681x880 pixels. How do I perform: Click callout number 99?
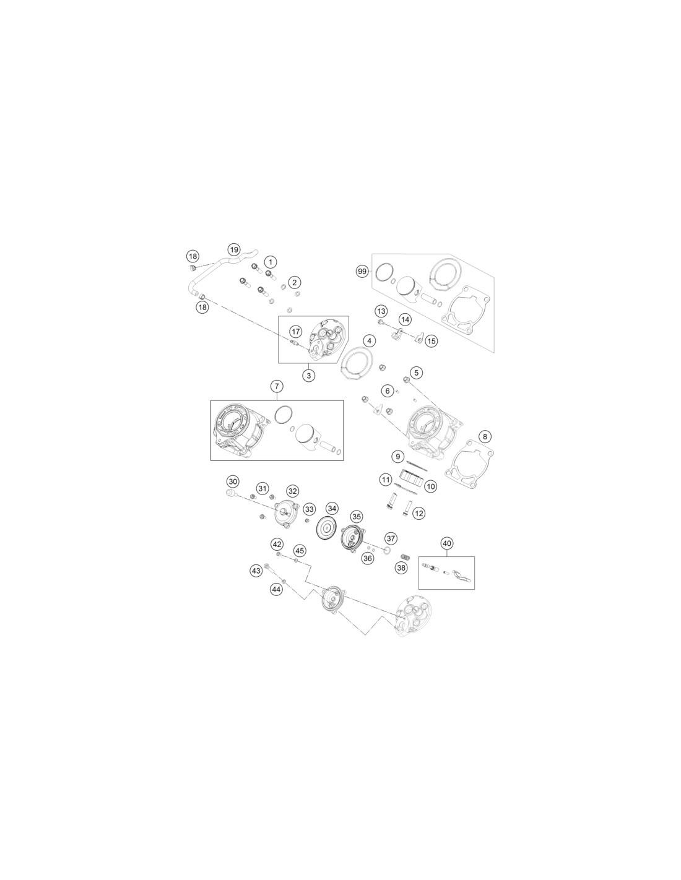coord(362,271)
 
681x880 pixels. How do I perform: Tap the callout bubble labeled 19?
coord(234,249)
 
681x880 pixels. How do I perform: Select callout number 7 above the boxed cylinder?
coord(277,386)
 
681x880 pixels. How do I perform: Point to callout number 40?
coord(447,543)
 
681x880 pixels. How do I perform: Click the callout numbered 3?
coord(309,376)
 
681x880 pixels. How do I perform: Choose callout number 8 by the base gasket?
coord(485,436)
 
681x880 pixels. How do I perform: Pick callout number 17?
coord(296,332)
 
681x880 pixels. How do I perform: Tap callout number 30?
coord(233,481)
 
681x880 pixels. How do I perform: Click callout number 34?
coord(332,508)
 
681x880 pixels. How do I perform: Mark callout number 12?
coord(419,514)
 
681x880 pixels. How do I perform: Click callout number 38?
coord(401,567)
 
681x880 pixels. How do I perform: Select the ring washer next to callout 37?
coord(386,550)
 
